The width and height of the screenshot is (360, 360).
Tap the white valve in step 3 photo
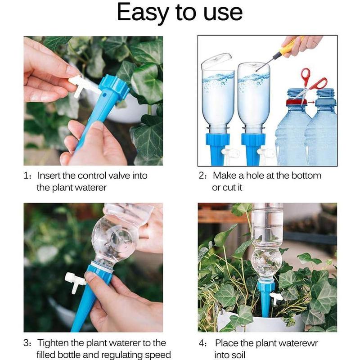(74, 282)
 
